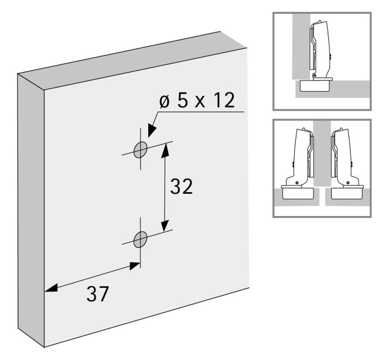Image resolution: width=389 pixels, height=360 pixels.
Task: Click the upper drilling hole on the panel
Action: [140, 150]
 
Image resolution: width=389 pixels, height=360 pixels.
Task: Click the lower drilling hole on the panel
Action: [140, 239]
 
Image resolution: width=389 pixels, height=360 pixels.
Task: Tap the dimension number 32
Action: [181, 186]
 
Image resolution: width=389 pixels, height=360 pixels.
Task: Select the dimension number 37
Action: [97, 294]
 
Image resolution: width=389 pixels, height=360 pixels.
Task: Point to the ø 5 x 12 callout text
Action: [197, 101]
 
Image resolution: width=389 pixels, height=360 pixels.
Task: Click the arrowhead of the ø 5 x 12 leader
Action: [152, 130]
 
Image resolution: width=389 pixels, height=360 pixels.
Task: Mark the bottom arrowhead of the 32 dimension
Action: [165, 225]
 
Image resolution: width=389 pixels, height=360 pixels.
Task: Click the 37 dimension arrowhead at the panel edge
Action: [51, 288]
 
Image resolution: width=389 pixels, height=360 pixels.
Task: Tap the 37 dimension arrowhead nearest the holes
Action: [135, 266]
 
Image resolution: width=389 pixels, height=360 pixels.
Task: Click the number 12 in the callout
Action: [224, 101]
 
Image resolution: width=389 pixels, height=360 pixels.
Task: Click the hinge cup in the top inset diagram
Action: [315, 86]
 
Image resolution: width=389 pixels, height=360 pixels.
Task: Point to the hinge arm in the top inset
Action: [321, 50]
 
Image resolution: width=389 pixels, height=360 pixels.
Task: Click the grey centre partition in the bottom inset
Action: [322, 154]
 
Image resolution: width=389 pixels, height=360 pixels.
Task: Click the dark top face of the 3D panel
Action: [133, 60]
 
